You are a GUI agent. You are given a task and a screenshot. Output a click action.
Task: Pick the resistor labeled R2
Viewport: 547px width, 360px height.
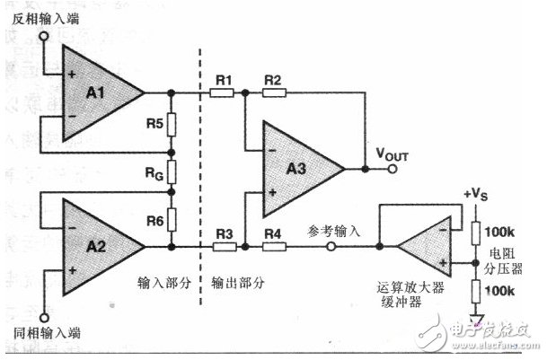tap(273, 92)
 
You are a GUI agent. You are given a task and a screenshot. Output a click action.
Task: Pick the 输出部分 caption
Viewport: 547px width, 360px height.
tap(238, 282)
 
